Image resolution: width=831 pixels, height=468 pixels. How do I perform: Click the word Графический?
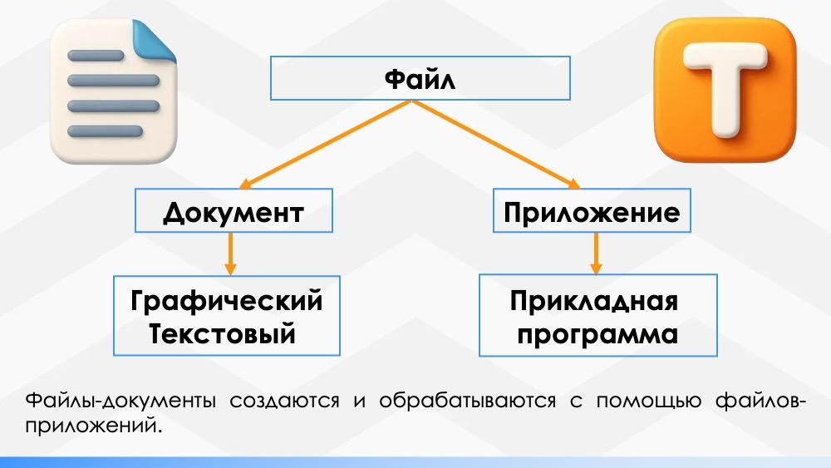[227, 300]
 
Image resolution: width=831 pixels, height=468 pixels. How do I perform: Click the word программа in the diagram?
[597, 335]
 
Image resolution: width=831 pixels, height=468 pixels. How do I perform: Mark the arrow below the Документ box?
[231, 254]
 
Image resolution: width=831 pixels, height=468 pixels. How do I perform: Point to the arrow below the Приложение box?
[595, 254]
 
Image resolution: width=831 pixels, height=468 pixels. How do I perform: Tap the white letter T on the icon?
[725, 83]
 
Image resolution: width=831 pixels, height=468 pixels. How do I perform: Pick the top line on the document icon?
[96, 57]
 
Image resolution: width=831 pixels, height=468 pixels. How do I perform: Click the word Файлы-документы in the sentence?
[110, 401]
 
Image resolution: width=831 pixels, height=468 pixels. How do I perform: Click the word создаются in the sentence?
[285, 401]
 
